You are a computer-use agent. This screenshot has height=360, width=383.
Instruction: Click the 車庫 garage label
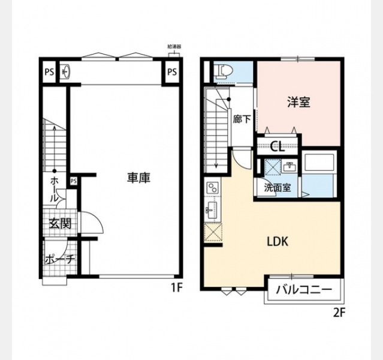(138, 178)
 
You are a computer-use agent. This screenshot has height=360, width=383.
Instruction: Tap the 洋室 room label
(298, 102)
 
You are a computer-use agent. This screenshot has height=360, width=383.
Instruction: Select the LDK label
(278, 242)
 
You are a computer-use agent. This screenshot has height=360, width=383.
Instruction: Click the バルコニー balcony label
(304, 290)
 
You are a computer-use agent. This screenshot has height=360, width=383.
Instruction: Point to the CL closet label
(278, 146)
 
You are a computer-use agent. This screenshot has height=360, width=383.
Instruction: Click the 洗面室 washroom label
(278, 188)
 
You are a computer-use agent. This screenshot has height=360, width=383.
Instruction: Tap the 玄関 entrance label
(60, 223)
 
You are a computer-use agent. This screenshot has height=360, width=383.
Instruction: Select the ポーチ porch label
(59, 259)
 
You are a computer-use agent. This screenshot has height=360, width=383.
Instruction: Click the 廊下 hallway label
(242, 119)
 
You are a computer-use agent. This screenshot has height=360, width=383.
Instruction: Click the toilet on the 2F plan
(223, 71)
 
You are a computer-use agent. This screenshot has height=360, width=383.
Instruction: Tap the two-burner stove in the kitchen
(213, 188)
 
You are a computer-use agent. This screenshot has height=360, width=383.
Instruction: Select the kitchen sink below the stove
(210, 209)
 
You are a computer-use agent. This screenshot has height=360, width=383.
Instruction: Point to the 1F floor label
(177, 287)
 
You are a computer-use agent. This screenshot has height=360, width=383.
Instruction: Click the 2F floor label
(339, 313)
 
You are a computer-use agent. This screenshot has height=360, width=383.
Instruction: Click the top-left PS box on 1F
(49, 72)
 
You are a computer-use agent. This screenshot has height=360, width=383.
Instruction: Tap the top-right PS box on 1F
(172, 72)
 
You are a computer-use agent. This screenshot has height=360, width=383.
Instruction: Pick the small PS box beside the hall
(74, 181)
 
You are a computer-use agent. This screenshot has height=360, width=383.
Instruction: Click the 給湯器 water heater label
(174, 46)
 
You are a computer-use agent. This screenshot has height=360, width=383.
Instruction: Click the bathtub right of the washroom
(319, 161)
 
